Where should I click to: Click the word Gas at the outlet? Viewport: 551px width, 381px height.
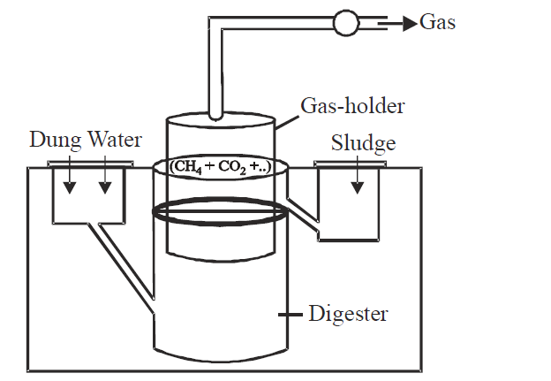point(438,22)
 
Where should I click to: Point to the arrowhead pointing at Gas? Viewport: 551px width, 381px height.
point(409,23)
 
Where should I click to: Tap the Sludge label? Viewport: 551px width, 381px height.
point(363,142)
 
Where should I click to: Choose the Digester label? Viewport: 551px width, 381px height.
point(348,314)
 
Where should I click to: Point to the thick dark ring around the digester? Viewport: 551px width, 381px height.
point(219,212)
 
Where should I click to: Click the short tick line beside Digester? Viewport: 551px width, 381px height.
point(288,314)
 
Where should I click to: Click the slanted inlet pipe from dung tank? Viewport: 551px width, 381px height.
point(124,265)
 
